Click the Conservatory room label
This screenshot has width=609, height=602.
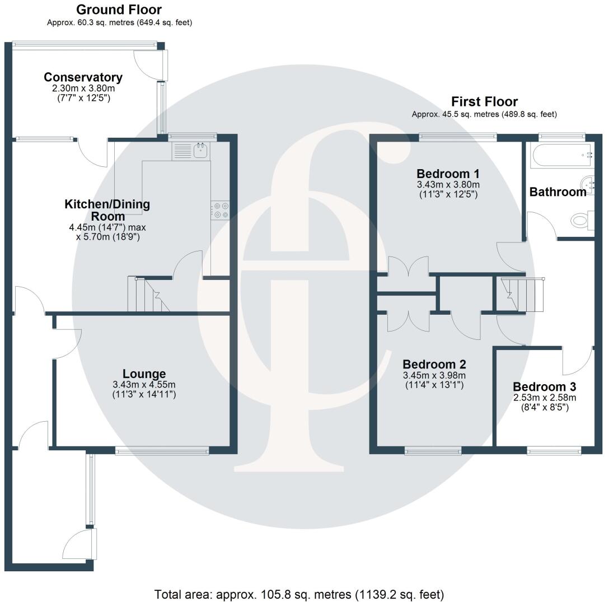[x=83, y=77]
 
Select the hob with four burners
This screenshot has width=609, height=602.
[x=220, y=210]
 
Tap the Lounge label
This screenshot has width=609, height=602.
[x=144, y=374]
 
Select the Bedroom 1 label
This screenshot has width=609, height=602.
[x=448, y=173]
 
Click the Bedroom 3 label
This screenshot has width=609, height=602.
[x=545, y=387]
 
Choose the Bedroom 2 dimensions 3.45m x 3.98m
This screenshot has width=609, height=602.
[x=434, y=375]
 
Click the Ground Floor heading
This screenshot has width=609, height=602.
[x=119, y=10]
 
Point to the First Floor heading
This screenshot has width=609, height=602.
[x=484, y=101]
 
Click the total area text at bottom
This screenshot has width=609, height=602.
[x=299, y=594]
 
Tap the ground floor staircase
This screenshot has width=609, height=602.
[x=147, y=295]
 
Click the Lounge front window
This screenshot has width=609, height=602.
[x=162, y=450]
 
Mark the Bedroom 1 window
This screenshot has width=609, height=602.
[x=458, y=136]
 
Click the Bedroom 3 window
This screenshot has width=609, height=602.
[x=554, y=450]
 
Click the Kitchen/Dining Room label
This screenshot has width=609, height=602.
[x=107, y=209]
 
